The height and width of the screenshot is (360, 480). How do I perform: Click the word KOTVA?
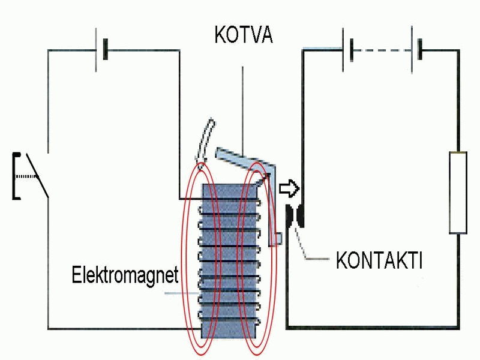click(x=244, y=34)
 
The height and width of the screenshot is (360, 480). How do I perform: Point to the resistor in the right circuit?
click(x=458, y=192)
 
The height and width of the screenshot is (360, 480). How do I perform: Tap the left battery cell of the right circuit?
click(x=346, y=49)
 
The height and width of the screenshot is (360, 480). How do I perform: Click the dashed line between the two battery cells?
click(x=382, y=50)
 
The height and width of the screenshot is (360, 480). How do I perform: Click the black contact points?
click(x=295, y=216)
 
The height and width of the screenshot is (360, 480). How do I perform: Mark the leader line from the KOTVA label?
click(x=242, y=108)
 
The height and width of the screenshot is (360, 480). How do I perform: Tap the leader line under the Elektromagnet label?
click(x=180, y=293)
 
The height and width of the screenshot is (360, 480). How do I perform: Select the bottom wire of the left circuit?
click(x=120, y=329)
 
